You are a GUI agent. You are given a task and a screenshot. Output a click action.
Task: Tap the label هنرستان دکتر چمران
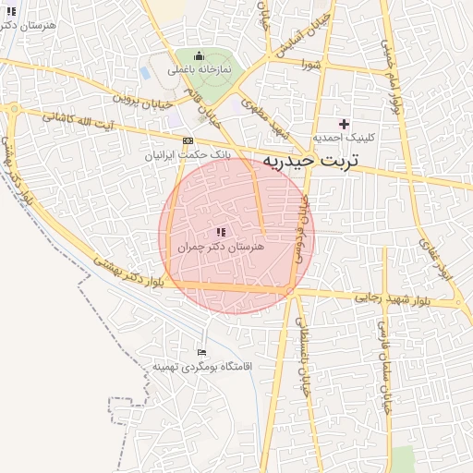[221, 249]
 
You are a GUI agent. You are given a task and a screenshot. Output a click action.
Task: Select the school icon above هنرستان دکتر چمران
[221, 232]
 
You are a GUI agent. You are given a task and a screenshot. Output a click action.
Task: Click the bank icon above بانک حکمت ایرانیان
[188, 140]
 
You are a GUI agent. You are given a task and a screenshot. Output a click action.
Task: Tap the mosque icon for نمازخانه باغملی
[199, 55]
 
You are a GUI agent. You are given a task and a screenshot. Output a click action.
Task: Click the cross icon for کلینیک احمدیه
[344, 123]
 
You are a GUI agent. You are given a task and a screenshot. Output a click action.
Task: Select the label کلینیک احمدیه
[343, 138]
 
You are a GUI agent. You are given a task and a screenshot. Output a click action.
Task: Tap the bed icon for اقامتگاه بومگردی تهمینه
[202, 351]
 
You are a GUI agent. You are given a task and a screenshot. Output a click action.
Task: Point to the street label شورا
[309, 64]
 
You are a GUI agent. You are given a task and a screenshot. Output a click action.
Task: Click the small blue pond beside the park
[145, 71]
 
